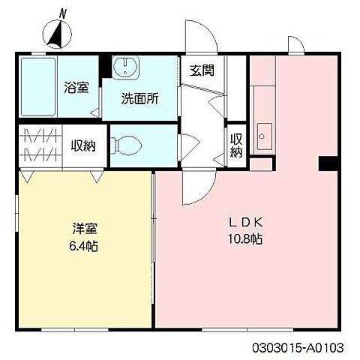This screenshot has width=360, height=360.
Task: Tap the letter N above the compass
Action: pyautogui.click(x=64, y=13)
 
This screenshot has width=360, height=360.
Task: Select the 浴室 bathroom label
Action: pyautogui.click(x=76, y=86)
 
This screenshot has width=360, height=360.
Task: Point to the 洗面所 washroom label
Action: pyautogui.click(x=140, y=97)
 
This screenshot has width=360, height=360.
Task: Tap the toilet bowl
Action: pyautogui.click(x=129, y=142)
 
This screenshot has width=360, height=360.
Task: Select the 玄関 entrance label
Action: pyautogui.click(x=202, y=71)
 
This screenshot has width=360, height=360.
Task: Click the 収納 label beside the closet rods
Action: pyautogui.click(x=83, y=145)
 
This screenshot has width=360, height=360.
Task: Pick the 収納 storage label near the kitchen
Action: pyautogui.click(x=236, y=145)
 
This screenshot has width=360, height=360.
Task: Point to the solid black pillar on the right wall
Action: pyautogui.click(x=328, y=164)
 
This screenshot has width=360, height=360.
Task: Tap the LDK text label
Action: pyautogui.click(x=245, y=222)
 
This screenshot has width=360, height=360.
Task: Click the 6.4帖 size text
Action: pyautogui.click(x=83, y=246)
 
